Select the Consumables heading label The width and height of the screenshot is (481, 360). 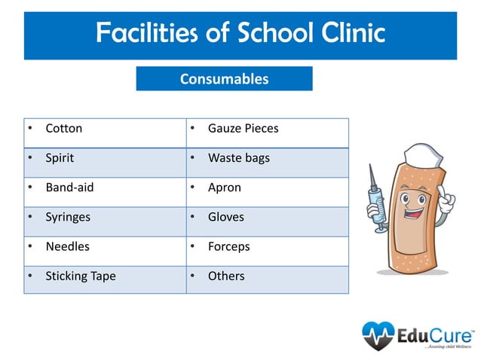[224, 78]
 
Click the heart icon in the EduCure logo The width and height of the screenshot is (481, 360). [378, 335]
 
